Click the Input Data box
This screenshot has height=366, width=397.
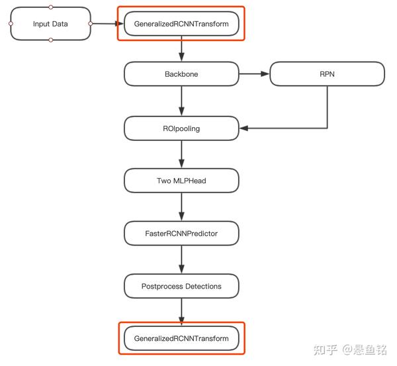(x=50, y=24)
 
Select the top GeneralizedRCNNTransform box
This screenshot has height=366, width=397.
(x=181, y=24)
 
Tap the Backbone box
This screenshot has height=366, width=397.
(x=181, y=74)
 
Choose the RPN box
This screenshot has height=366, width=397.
(x=327, y=74)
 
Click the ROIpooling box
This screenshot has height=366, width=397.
(x=181, y=128)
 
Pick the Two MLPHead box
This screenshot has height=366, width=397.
(x=181, y=180)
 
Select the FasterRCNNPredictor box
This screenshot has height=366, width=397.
(x=181, y=233)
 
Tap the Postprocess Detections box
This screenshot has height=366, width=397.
(x=181, y=286)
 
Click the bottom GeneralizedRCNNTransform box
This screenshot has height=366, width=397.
(x=181, y=338)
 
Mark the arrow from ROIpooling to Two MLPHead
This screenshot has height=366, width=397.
(x=181, y=154)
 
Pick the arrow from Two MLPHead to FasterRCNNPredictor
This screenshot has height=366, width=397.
(x=181, y=206)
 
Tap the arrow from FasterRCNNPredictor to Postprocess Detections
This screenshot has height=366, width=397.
(x=181, y=259)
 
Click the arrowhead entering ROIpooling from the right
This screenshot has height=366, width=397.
(x=243, y=128)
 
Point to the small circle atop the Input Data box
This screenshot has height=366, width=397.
(x=51, y=7)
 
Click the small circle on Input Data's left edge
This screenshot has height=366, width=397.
(x=11, y=24)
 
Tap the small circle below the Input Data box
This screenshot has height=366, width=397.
(x=51, y=40)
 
